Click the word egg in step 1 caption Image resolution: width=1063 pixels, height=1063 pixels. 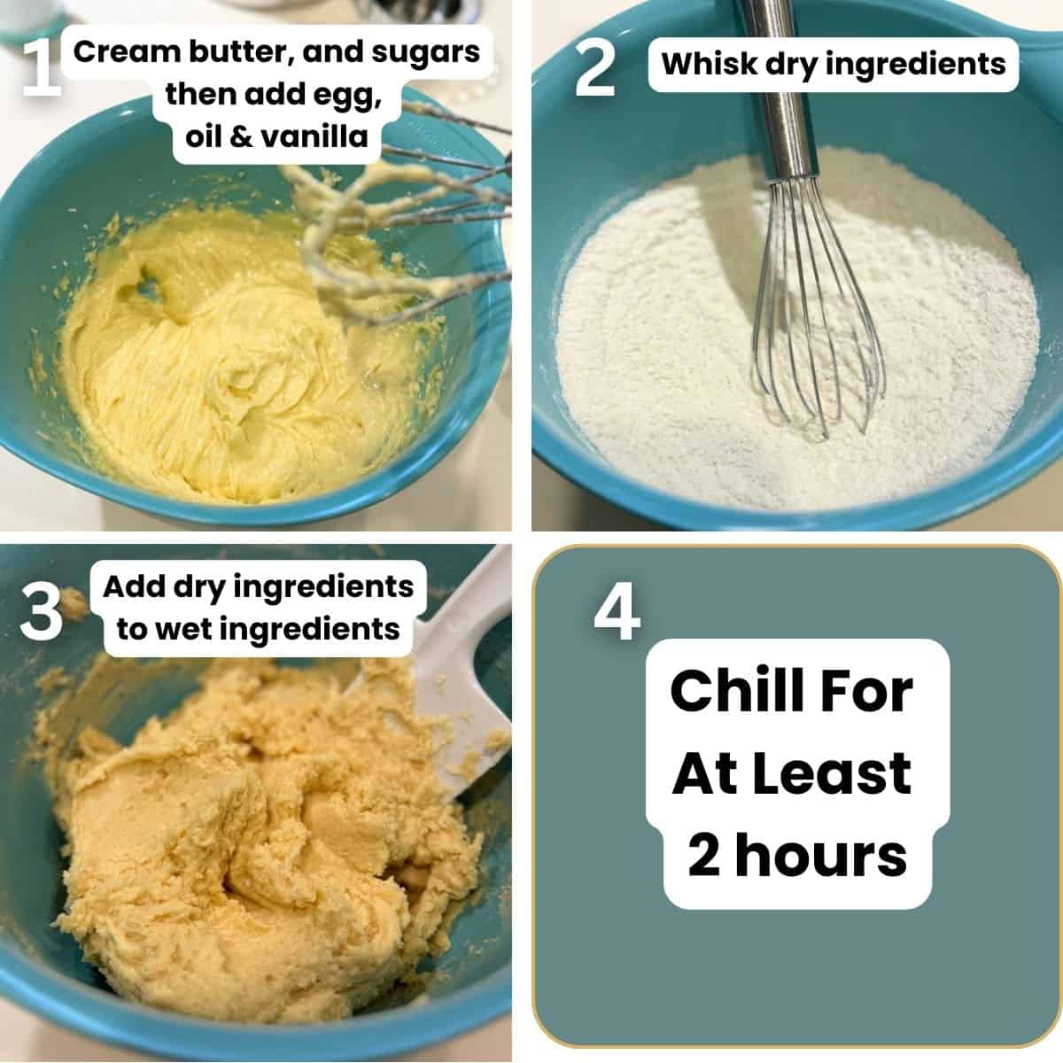[354, 93]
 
